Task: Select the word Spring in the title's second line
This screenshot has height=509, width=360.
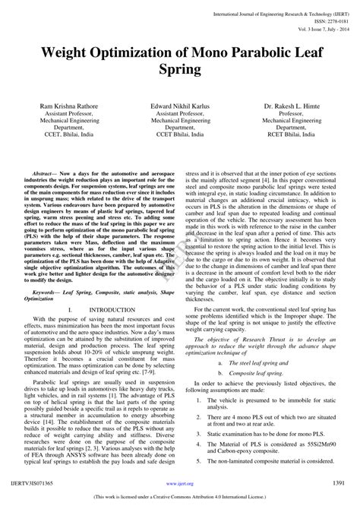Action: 180,71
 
